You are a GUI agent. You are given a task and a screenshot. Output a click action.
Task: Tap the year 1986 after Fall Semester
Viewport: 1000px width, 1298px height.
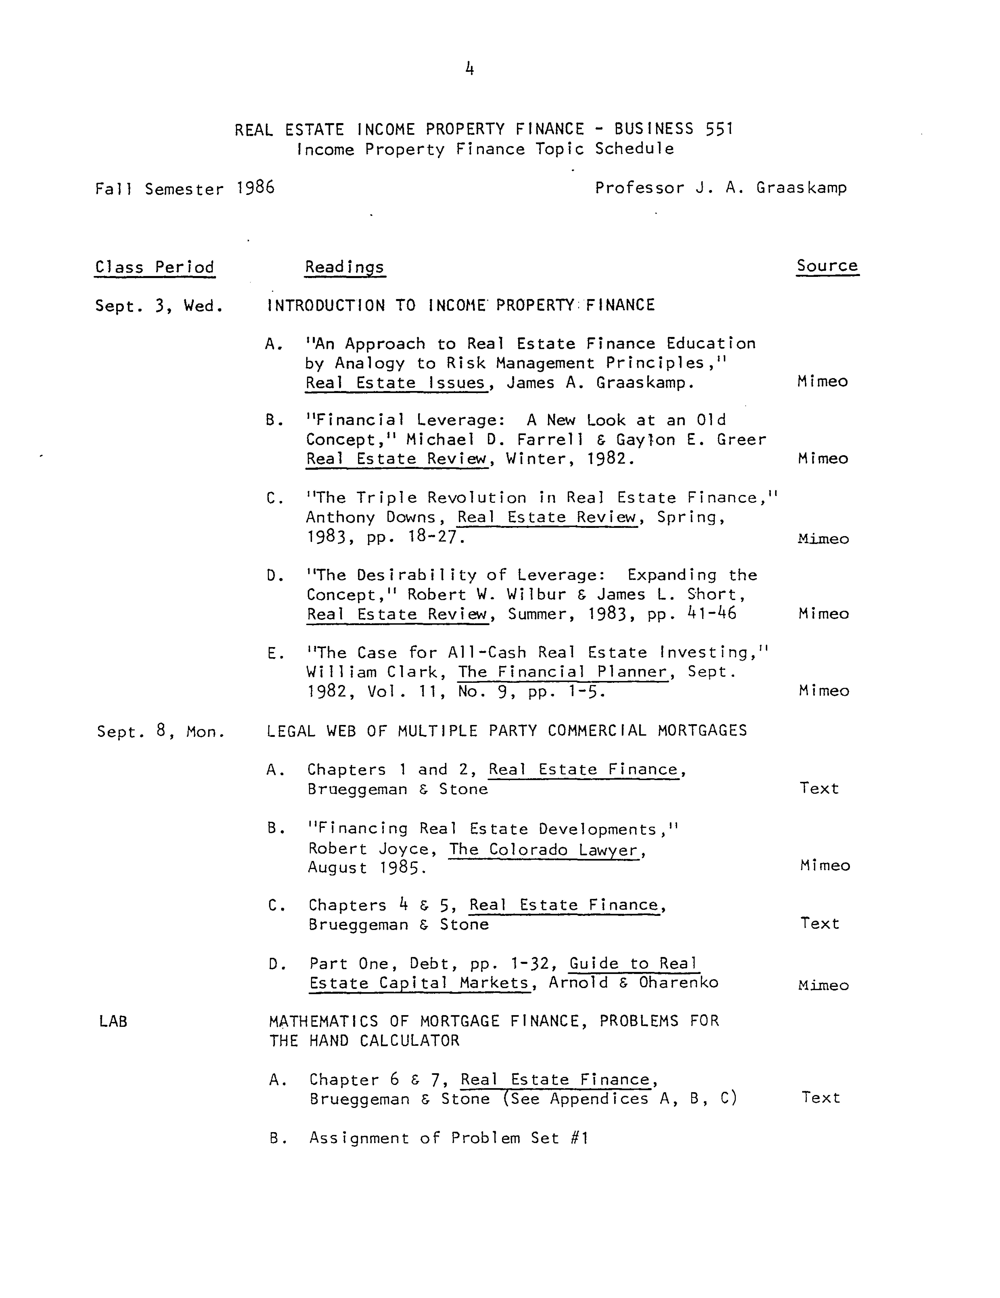(256, 188)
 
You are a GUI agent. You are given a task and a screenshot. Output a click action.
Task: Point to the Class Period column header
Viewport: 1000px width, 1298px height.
(154, 267)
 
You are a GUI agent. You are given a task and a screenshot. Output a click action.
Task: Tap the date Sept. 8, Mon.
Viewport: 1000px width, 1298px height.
(160, 732)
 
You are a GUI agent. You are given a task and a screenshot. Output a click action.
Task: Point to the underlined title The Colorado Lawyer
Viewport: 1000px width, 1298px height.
(544, 849)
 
